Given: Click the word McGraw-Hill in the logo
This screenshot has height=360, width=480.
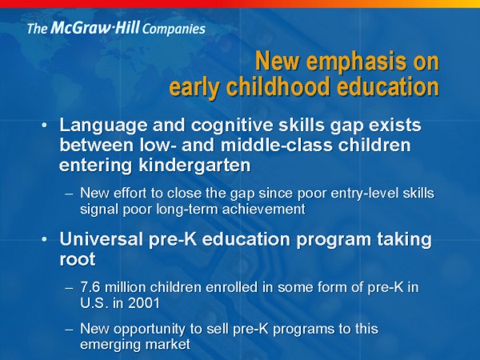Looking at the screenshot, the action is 95,27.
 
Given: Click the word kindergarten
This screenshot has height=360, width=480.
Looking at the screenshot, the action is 194,166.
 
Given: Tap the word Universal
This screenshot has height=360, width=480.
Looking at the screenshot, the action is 102,238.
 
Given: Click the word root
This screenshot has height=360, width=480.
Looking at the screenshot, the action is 78,259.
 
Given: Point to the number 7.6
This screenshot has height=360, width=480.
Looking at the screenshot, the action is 90,287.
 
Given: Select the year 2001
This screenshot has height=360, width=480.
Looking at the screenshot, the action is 144,303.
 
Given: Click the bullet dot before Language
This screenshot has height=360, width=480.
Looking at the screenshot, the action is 45,126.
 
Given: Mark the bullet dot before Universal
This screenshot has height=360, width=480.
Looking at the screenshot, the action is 45,239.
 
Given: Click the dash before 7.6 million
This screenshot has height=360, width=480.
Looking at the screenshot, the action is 69,288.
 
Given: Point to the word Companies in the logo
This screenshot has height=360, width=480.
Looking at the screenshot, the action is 174,29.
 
